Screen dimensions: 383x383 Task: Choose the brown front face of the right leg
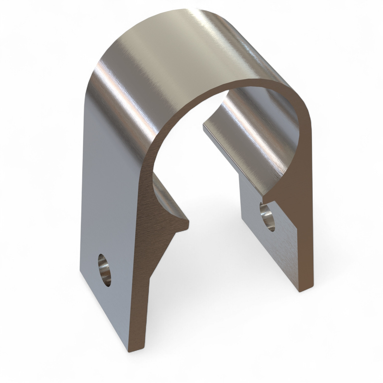305,230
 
